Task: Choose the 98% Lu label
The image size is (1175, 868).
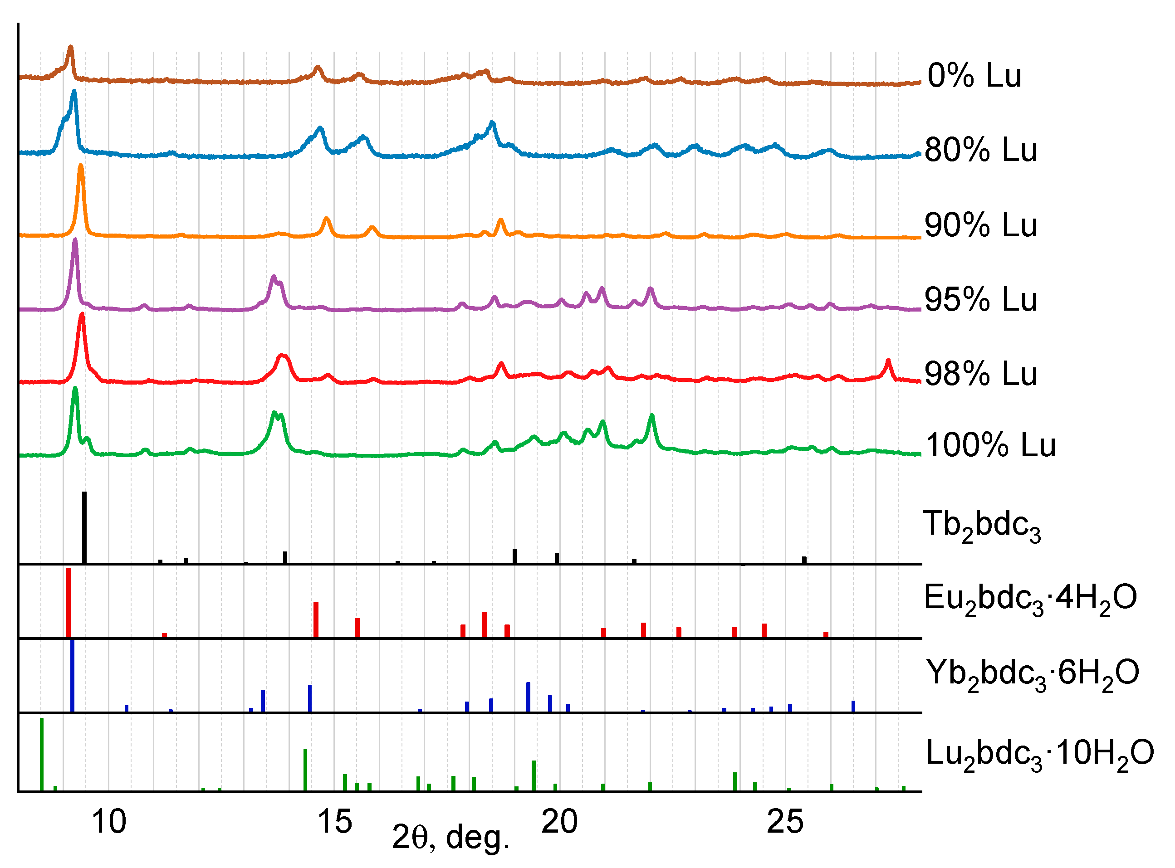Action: pyautogui.click(x=980, y=374)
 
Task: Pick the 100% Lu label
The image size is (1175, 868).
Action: pyautogui.click(x=990, y=445)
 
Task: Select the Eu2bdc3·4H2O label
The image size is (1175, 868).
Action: pyautogui.click(x=1030, y=599)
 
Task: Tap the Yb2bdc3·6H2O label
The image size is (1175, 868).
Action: pyautogui.click(x=1032, y=674)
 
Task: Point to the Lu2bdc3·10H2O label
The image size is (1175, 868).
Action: pyautogui.click(x=1039, y=754)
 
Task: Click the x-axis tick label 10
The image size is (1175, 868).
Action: pyautogui.click(x=109, y=822)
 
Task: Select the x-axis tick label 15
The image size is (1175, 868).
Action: pyautogui.click(x=335, y=822)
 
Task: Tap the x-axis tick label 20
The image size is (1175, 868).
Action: pyautogui.click(x=560, y=822)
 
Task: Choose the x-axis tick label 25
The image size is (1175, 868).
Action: pyautogui.click(x=785, y=822)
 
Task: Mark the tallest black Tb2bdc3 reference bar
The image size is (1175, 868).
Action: pyautogui.click(x=84, y=527)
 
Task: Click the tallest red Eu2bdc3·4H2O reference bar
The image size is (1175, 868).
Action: pyautogui.click(x=69, y=603)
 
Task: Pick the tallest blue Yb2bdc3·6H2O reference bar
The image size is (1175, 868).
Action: pyautogui.click(x=73, y=676)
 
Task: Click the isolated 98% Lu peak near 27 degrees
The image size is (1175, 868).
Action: pyautogui.click(x=888, y=362)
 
